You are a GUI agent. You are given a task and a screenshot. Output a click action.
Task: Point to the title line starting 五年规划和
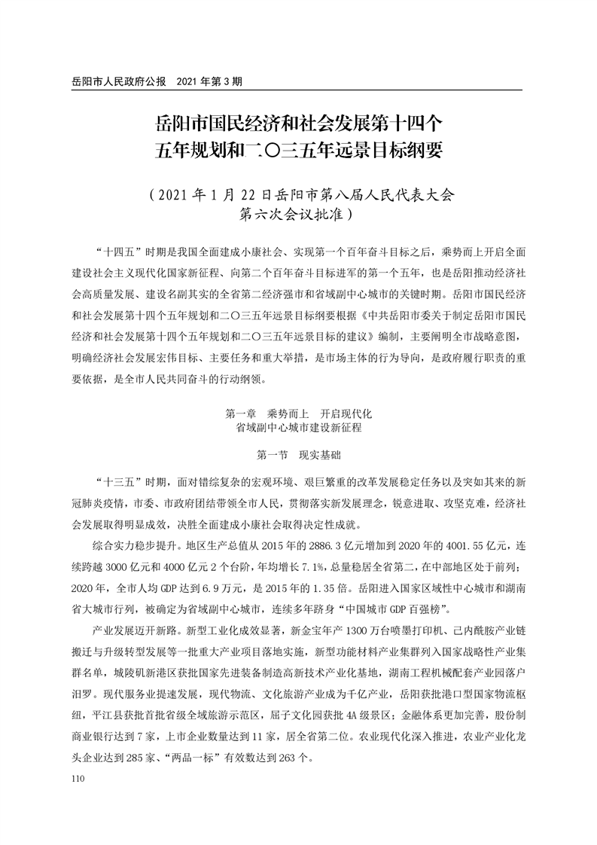coord(298,149)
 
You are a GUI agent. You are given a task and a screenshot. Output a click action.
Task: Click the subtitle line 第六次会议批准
coord(298,213)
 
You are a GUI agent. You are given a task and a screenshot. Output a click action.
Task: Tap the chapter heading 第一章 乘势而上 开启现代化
coord(298,414)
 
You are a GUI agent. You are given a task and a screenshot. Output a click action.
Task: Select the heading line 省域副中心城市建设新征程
coord(298,428)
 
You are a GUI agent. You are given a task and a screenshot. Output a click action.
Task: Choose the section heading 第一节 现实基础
coord(298,454)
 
